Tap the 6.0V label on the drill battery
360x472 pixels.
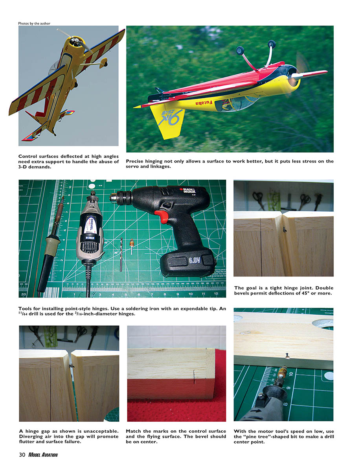(195, 260)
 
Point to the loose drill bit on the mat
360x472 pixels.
(121, 254)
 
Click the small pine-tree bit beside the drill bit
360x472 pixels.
(132, 246)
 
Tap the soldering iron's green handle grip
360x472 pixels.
(52, 245)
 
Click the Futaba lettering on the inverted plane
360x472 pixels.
(204, 103)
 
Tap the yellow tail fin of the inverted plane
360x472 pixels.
(168, 121)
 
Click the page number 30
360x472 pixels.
(22, 455)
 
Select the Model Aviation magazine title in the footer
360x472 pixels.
(43, 455)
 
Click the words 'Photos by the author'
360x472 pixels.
(34, 24)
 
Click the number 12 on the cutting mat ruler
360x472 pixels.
(216, 294)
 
